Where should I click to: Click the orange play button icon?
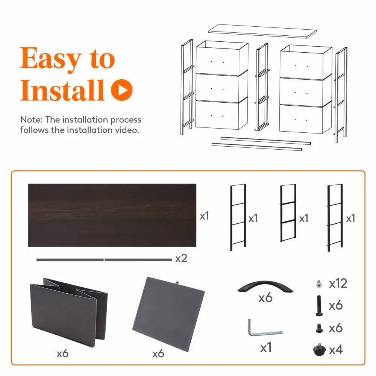(122, 90)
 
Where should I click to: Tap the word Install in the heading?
(62, 90)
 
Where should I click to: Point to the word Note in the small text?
(30, 120)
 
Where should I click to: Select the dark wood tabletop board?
(112, 215)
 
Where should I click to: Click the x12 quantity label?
(338, 284)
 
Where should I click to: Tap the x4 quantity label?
(336, 350)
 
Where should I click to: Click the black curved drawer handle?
(265, 286)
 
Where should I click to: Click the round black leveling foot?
(319, 350)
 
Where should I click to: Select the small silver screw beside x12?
(319, 284)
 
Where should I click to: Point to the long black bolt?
(319, 305)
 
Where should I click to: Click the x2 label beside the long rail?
(181, 259)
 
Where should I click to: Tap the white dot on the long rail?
(104, 260)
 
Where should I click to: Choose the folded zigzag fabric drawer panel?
(68, 312)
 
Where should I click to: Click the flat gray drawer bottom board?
(168, 314)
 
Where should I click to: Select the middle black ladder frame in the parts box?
(288, 213)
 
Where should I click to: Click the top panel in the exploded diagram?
(262, 31)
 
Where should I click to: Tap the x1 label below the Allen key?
(266, 347)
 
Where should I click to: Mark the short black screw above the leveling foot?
(319, 328)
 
